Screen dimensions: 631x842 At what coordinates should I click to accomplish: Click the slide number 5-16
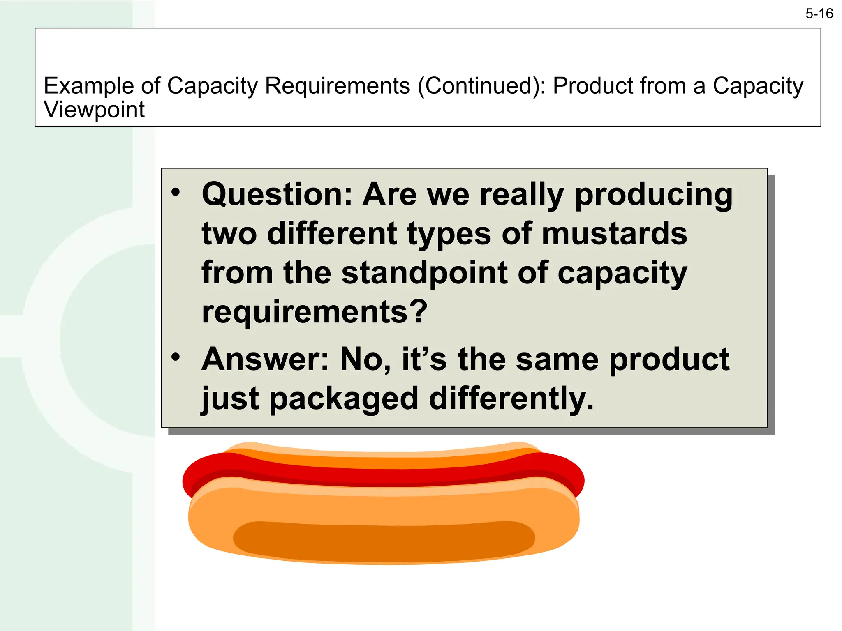pyautogui.click(x=819, y=14)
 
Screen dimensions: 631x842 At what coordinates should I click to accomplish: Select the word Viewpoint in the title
pyautogui.click(x=94, y=110)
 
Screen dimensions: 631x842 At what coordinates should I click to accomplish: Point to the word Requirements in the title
pyautogui.click(x=338, y=86)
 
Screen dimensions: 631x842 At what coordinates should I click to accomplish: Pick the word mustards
pyautogui.click(x=614, y=233)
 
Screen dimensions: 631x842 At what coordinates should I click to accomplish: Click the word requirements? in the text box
pyautogui.click(x=315, y=312)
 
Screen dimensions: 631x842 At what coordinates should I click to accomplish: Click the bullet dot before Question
pyautogui.click(x=176, y=192)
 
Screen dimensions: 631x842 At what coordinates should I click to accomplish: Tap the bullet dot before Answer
pyautogui.click(x=176, y=357)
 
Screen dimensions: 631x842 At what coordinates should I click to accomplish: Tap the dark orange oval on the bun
pyautogui.click(x=384, y=541)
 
